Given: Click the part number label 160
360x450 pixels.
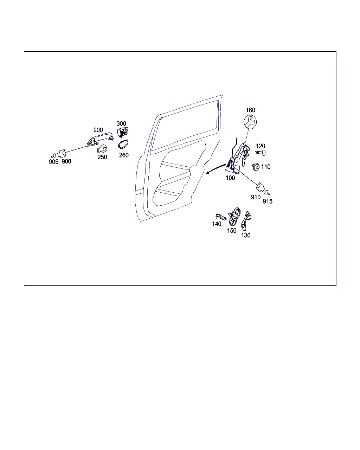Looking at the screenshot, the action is click(250, 110).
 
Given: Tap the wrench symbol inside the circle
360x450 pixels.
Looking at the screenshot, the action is click(250, 122).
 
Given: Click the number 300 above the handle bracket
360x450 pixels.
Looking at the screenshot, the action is click(121, 123).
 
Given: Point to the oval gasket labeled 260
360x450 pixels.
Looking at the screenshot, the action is click(123, 144).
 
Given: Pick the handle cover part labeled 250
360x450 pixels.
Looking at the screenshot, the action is click(102, 149).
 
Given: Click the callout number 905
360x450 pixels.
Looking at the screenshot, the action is click(53, 162).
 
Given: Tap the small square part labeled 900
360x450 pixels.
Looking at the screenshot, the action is click(62, 154).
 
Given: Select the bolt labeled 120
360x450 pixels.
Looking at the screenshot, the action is click(260, 153).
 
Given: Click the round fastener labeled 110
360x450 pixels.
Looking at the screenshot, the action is click(256, 167).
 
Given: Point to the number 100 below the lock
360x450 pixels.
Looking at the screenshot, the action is click(230, 178).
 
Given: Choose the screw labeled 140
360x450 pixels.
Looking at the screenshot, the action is click(221, 217).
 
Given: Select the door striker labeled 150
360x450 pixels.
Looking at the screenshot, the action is click(234, 217).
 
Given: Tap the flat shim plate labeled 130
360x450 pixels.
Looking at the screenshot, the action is click(246, 221).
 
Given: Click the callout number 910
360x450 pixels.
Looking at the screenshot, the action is click(256, 197).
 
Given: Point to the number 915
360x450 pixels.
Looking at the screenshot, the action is click(268, 201).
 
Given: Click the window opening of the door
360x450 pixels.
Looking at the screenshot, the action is click(185, 126).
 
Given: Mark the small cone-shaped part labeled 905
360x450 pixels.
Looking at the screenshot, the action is click(54, 156).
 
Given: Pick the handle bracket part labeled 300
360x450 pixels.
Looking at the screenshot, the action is click(123, 132).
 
